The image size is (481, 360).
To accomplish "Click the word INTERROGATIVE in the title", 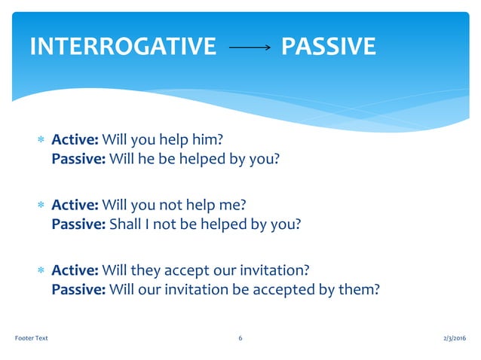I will pyautogui.click(x=122, y=47).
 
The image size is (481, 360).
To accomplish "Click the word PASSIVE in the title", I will pyautogui.click(x=327, y=47).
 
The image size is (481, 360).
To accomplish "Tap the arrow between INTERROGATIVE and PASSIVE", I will pyautogui.click(x=249, y=47).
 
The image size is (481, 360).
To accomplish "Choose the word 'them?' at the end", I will pyautogui.click(x=359, y=288).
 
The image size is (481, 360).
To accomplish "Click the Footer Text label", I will pyautogui.click(x=32, y=338).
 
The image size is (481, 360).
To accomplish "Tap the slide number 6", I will pyautogui.click(x=240, y=338).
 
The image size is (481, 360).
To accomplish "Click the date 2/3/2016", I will pyautogui.click(x=452, y=338).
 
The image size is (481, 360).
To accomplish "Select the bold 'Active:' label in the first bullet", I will pyautogui.click(x=75, y=140).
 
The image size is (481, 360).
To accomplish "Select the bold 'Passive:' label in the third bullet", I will pyautogui.click(x=78, y=288).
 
